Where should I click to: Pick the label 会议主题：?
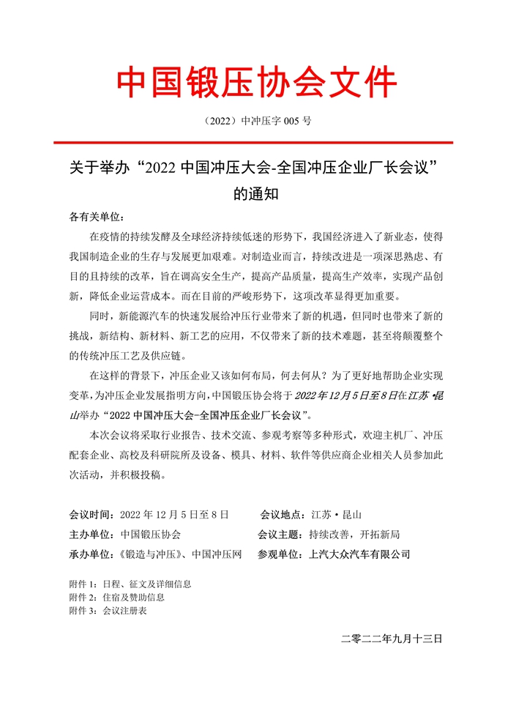283,535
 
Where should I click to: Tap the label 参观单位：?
283,554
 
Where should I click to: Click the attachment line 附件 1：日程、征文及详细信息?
130,584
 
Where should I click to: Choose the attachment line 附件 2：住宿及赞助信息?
116,597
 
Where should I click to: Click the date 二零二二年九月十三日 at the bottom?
392,639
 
